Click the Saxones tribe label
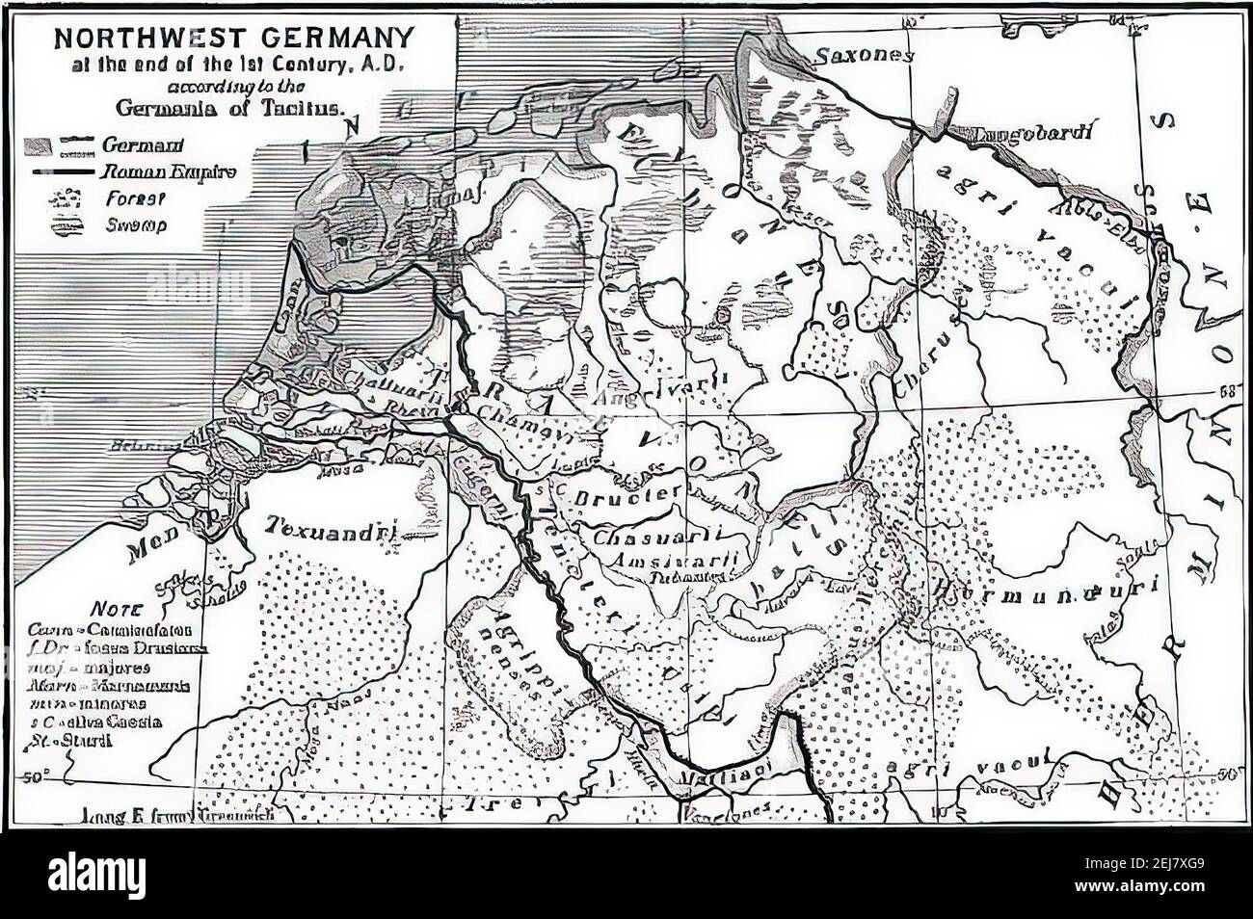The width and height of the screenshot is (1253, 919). (x=863, y=56)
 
